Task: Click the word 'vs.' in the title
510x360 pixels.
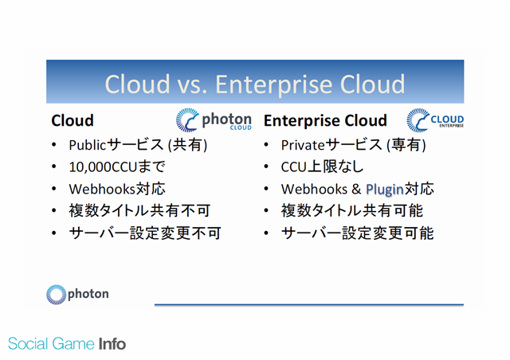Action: click(192, 84)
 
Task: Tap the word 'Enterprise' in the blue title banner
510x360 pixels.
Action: click(273, 85)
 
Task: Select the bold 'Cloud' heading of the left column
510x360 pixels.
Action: click(73, 120)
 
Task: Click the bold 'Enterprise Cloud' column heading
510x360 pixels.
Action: click(325, 120)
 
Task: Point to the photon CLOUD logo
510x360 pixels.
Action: click(214, 120)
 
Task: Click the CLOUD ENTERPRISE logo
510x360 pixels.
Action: click(435, 120)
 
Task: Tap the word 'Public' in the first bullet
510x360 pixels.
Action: click(88, 145)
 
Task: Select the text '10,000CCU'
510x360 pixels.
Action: click(103, 166)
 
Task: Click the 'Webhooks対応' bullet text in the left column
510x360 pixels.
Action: click(117, 189)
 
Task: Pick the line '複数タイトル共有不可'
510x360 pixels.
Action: click(139, 211)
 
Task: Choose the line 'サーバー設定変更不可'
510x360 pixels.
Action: click(145, 233)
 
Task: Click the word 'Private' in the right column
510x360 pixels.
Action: click(303, 145)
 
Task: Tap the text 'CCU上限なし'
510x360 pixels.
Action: click(322, 166)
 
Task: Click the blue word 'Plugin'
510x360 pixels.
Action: click(385, 190)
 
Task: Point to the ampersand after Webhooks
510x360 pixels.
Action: click(356, 189)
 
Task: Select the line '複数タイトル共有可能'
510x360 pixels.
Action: click(352, 211)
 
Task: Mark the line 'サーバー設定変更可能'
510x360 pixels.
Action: click(358, 233)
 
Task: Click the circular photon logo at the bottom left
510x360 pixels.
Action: click(57, 295)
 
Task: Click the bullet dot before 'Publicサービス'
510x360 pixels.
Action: click(54, 145)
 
